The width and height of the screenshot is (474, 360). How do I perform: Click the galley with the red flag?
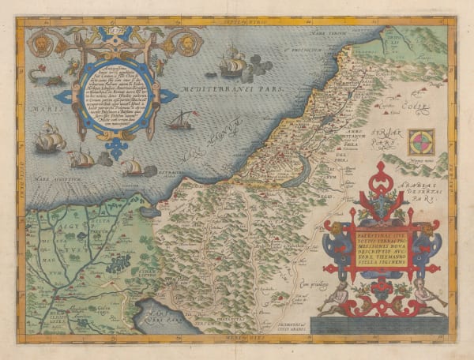[x=181, y=121]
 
